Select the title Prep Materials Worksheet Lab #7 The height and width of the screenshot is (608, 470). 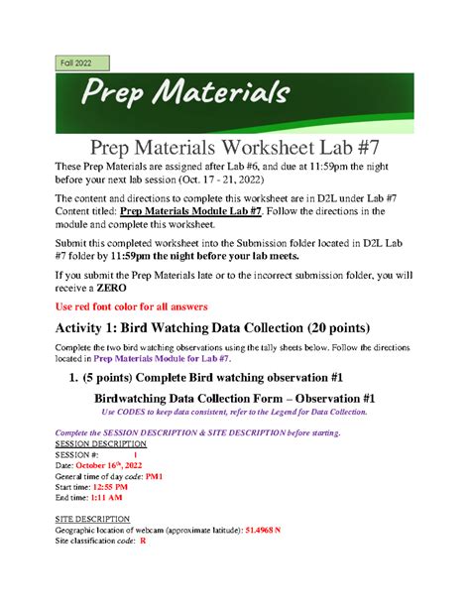[235, 149]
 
